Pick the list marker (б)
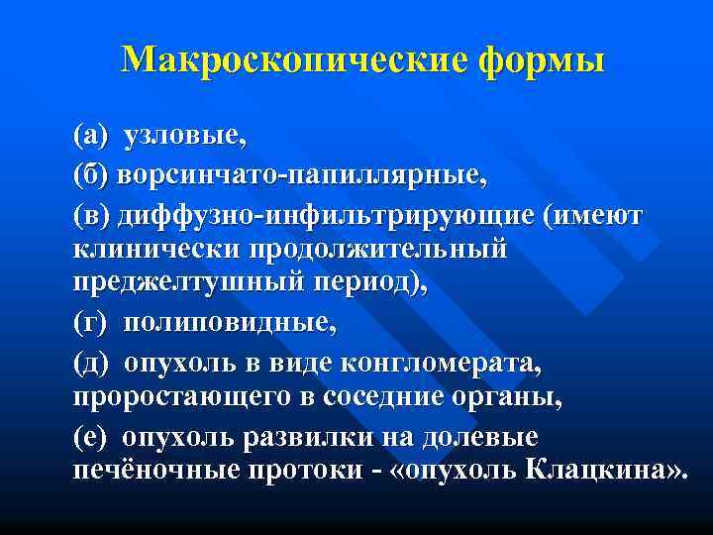tap(92, 175)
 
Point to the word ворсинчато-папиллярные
tap(301, 175)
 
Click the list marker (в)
tap(92, 216)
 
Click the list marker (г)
tap(90, 323)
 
